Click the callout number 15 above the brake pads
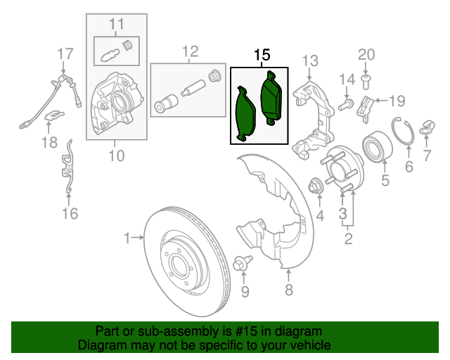coord(261,55)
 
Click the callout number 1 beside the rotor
coord(127,239)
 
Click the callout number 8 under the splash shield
coord(288,290)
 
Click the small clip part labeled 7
coord(425,127)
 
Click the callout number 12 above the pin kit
coord(191,51)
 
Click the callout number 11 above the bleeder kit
coord(116,25)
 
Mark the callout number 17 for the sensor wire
coord(65,53)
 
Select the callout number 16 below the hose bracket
coord(70,214)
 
